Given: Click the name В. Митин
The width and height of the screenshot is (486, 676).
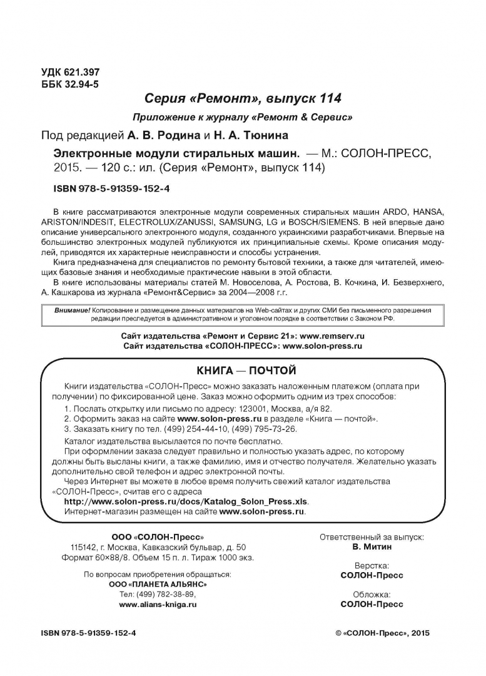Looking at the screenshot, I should [372, 546].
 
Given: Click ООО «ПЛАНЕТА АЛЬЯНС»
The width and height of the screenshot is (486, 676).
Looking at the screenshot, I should [158, 584].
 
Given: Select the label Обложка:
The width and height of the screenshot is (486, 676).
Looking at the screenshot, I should [372, 594].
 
